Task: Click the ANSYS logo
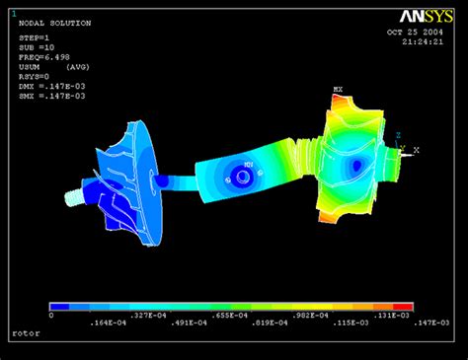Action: click(x=426, y=16)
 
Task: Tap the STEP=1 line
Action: click(x=35, y=37)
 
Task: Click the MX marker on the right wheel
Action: click(x=338, y=91)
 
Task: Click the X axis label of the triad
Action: click(x=417, y=150)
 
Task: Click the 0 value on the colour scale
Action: click(x=51, y=315)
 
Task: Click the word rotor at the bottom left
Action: click(x=27, y=333)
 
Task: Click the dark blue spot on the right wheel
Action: click(x=356, y=168)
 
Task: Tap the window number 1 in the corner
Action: click(x=13, y=13)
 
